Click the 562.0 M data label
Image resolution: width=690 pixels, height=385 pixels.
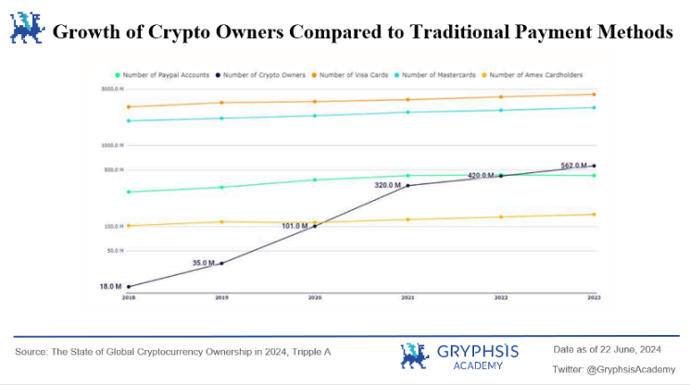tap(574, 166)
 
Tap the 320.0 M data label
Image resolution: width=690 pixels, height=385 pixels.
tap(387, 185)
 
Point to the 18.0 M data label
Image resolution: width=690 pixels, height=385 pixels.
tap(111, 287)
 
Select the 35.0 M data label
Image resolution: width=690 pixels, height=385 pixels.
tap(203, 263)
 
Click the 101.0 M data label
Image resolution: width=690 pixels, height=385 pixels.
tap(295, 225)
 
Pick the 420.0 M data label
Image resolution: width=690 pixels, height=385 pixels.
tap(482, 175)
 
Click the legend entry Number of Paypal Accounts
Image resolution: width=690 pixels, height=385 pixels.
tap(163, 74)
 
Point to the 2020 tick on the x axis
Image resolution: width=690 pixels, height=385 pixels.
tap(315, 298)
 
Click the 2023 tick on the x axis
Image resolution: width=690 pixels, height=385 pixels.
tap(594, 298)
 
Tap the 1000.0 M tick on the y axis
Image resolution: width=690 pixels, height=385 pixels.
tap(112, 146)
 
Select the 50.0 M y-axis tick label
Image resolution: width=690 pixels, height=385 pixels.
tap(115, 251)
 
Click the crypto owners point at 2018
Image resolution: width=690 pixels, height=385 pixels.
tap(129, 287)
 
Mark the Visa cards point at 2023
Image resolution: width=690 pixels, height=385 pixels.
tap(594, 94)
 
